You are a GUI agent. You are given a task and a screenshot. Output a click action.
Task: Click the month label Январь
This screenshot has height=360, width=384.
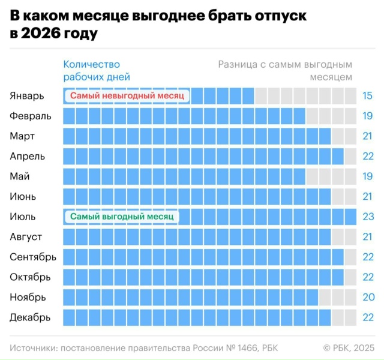[27, 96]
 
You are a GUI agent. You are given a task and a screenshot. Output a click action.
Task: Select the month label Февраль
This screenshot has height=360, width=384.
[31, 116]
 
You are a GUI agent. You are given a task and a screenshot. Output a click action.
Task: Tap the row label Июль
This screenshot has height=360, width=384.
[23, 217]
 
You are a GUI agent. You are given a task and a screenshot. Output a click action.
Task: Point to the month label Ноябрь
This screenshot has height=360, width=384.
[28, 297]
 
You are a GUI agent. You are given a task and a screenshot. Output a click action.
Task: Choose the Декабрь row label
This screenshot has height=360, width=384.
[30, 317]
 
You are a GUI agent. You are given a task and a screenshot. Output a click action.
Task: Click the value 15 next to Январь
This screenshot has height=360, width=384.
[368, 96]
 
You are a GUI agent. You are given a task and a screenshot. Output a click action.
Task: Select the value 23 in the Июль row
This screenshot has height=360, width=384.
[368, 217]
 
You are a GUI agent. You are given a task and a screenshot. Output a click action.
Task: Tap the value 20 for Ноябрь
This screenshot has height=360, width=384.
[368, 297]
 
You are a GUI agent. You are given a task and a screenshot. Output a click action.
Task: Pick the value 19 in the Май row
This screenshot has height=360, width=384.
[368, 176]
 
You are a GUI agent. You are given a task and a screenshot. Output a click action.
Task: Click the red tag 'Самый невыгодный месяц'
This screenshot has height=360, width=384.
[127, 96]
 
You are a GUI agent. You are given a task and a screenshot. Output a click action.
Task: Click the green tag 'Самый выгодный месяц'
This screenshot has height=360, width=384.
[122, 217]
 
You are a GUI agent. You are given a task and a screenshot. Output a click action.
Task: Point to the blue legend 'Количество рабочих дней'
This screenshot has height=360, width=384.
[97, 70]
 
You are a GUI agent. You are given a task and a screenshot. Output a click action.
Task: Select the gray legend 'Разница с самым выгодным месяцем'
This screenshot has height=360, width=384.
[285, 70]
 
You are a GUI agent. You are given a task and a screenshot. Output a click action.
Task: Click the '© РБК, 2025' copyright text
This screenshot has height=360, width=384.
[349, 347]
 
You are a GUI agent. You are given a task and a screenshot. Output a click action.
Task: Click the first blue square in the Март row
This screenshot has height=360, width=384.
[69, 136]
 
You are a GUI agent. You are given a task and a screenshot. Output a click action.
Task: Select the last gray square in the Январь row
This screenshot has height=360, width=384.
[350, 96]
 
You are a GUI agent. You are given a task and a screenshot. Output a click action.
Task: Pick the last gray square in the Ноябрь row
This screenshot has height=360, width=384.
[350, 297]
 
